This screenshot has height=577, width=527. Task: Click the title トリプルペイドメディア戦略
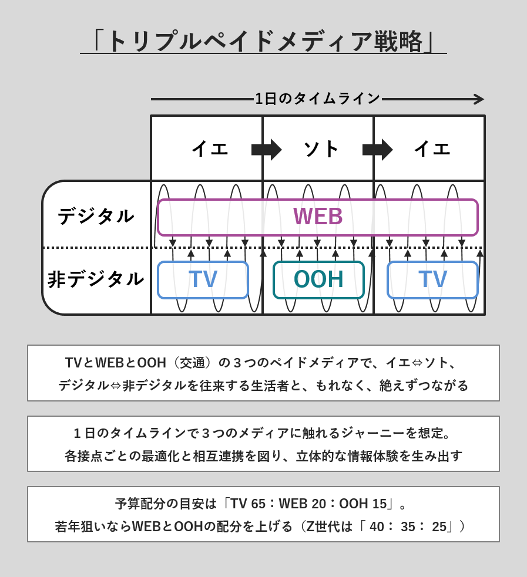click(263, 41)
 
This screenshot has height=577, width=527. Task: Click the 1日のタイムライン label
click(317, 99)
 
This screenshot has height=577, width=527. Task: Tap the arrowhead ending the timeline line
click(479, 99)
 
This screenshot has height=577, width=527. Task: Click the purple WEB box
click(318, 217)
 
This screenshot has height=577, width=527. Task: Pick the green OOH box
click(318, 279)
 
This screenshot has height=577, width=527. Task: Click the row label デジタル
click(96, 216)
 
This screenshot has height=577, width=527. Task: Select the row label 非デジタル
click(96, 279)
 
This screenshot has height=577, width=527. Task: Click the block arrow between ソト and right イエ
click(377, 149)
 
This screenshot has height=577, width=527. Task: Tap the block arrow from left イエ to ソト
click(266, 149)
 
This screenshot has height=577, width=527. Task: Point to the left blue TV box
click(203, 279)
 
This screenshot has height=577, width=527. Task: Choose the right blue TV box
click(432, 279)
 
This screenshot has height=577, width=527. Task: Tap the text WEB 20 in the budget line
click(303, 504)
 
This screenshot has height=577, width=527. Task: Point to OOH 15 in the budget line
click(362, 504)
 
